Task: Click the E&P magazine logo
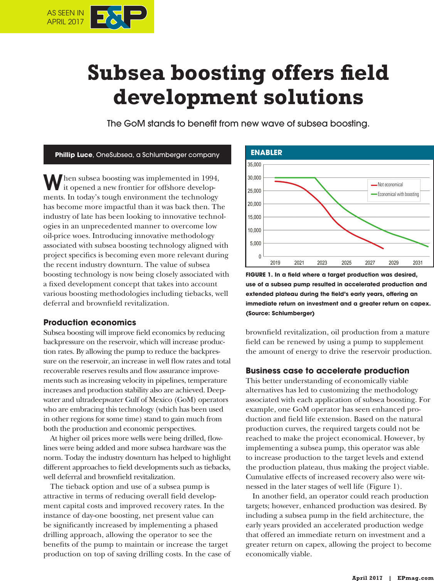pyautogui.click(x=118, y=17)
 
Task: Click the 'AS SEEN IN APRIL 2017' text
pyautogui.click(x=65, y=17)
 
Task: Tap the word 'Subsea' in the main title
pyautogui.click(x=126, y=73)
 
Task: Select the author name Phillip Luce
pyautogui.click(x=74, y=155)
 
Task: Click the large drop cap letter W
pyautogui.click(x=53, y=182)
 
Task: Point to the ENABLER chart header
pyautogui.click(x=266, y=152)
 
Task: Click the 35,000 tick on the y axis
pyautogui.click(x=254, y=165)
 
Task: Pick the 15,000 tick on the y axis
pyautogui.click(x=254, y=217)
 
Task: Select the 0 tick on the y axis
pyautogui.click(x=259, y=257)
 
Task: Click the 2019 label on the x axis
pyautogui.click(x=275, y=263)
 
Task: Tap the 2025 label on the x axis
pyautogui.click(x=346, y=263)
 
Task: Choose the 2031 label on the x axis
pyautogui.click(x=417, y=263)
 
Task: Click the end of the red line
pyautogui.click(x=383, y=248)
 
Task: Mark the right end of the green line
pyautogui.click(x=428, y=247)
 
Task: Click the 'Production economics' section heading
pyautogui.click(x=89, y=323)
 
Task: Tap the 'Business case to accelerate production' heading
pyautogui.click(x=327, y=371)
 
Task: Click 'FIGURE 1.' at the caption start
pyautogui.click(x=259, y=275)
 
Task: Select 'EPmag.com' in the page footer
pyautogui.click(x=415, y=578)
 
